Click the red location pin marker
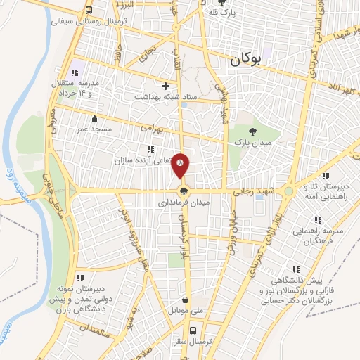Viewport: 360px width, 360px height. click(x=181, y=165)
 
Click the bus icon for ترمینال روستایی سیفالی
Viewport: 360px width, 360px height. click(x=89, y=11)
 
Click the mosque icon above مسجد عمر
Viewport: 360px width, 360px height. click(x=94, y=118)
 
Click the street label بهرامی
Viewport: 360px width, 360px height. click(x=150, y=129)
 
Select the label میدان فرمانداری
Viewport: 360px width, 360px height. click(x=183, y=202)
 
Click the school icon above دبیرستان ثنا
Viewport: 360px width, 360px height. click(x=326, y=176)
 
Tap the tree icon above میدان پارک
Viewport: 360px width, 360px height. click(x=253, y=131)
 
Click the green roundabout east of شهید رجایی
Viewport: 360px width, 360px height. click(x=288, y=191)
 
